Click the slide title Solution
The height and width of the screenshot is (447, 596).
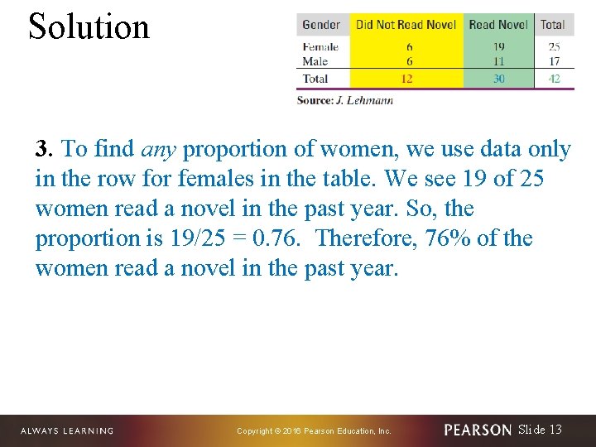point(89,26)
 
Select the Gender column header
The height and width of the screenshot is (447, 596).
point(321,25)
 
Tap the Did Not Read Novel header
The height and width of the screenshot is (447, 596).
point(406,25)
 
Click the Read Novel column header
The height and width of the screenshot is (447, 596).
point(497,25)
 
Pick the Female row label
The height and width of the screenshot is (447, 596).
point(320,47)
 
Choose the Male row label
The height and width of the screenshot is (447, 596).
point(315,61)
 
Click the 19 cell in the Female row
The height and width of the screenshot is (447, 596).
point(497,47)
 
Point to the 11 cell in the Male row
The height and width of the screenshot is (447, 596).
point(497,61)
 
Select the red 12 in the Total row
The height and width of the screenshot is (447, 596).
point(406,79)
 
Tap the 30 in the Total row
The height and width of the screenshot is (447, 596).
point(497,79)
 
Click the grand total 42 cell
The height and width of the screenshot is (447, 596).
point(554,79)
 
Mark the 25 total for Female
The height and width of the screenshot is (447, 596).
point(554,47)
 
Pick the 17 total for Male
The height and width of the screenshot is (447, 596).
point(554,61)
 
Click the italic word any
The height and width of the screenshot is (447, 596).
point(158,150)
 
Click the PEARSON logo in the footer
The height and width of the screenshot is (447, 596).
point(478,430)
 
